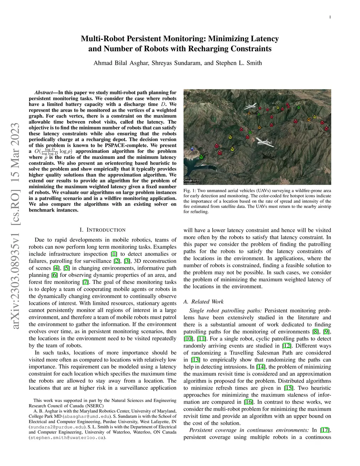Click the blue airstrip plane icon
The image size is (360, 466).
192,148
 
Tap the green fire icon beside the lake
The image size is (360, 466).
201,157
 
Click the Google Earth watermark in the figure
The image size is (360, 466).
191,181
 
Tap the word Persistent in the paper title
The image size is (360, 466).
143,39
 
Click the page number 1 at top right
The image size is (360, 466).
330,17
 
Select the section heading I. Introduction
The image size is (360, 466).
102,230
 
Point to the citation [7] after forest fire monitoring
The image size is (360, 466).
85,282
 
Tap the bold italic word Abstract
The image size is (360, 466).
44,92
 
